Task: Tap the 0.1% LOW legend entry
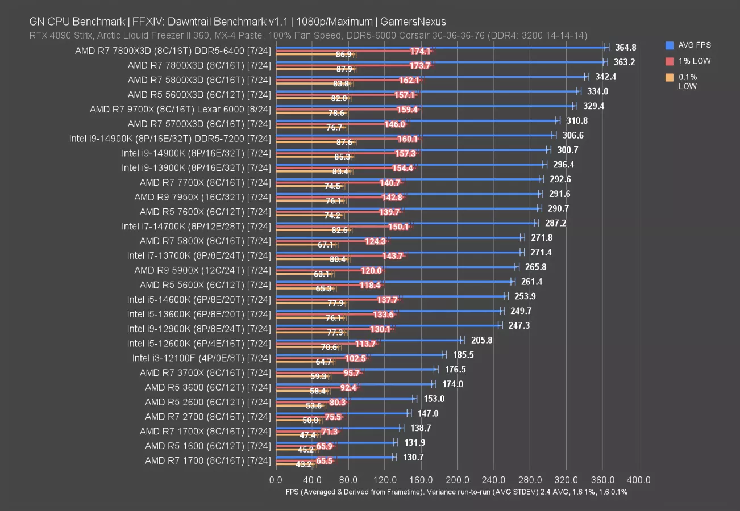coord(688,82)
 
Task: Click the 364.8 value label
coord(625,47)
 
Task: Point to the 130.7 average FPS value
coord(413,457)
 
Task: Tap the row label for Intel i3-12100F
coord(201,358)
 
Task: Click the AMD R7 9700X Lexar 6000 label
coord(180,109)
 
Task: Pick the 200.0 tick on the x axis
coord(458,480)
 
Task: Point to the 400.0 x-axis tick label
coord(639,480)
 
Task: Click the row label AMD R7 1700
coord(207,460)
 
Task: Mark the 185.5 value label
coord(463,355)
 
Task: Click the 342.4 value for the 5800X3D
coord(605,77)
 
